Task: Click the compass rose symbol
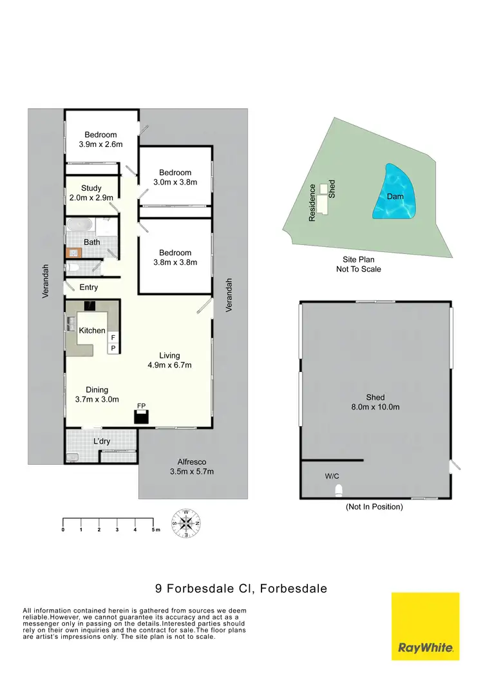(186, 523)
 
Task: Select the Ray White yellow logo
(425, 626)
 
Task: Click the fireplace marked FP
(141, 416)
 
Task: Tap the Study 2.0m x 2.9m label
(91, 193)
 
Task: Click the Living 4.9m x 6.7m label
(170, 360)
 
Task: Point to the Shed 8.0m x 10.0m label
(375, 402)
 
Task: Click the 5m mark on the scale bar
(155, 529)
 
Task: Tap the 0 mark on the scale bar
(63, 529)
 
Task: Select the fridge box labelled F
(113, 337)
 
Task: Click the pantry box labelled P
(113, 349)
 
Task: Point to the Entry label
(88, 288)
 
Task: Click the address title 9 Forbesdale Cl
(241, 588)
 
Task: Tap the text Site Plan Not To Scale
(358, 264)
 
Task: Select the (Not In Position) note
(374, 507)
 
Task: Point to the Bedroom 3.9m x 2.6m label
(100, 139)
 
